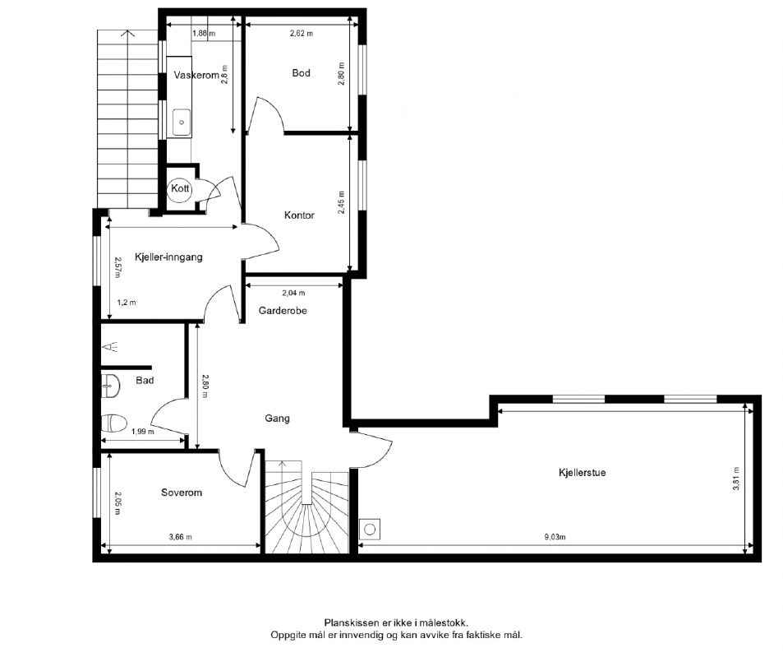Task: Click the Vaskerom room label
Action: point(196,76)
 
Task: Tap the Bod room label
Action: point(301,73)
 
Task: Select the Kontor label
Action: point(299,215)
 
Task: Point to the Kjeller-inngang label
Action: point(168,257)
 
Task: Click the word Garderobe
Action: point(283,311)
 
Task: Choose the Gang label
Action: point(277,419)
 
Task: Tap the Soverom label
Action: point(182,493)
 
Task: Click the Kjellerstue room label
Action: point(583,473)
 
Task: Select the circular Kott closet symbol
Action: point(180,189)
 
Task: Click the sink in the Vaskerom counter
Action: point(182,123)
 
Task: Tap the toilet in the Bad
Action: point(113,423)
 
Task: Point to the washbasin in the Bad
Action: point(110,386)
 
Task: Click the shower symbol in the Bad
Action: point(110,347)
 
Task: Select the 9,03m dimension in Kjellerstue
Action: point(555,538)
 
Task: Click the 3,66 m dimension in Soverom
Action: point(180,537)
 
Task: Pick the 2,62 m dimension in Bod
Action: point(302,34)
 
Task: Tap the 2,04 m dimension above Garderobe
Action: point(293,294)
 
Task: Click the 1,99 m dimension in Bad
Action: point(143,432)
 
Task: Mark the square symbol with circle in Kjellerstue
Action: point(370,529)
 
